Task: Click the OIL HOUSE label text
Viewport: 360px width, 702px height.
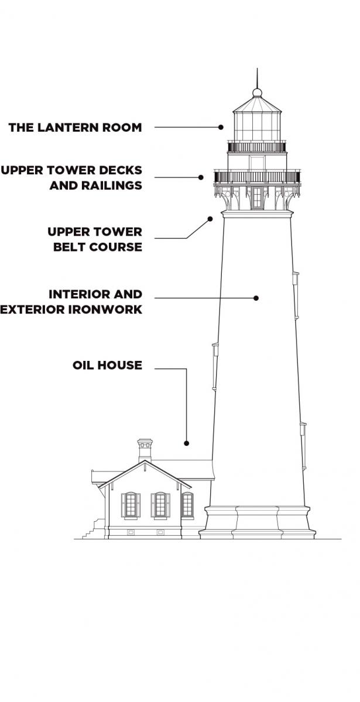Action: point(107,366)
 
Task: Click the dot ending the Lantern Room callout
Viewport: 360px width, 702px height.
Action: point(221,127)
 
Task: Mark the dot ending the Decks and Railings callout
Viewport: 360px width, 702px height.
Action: point(201,177)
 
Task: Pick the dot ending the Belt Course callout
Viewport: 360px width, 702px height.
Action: point(210,219)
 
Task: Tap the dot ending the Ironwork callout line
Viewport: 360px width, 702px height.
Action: point(256,298)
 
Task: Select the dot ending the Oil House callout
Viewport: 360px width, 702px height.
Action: point(186,443)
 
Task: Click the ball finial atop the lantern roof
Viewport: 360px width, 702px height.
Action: point(257,92)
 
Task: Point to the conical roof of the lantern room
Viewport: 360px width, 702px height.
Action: point(257,105)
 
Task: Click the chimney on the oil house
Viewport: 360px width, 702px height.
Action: point(145,449)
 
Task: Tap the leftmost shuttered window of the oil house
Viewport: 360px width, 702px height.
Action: point(131,505)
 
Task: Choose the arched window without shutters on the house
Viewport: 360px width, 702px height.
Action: point(187,505)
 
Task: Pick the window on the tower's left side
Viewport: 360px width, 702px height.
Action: point(215,366)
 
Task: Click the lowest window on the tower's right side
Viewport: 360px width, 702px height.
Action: point(303,445)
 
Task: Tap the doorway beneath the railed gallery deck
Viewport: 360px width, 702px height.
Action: point(257,198)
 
